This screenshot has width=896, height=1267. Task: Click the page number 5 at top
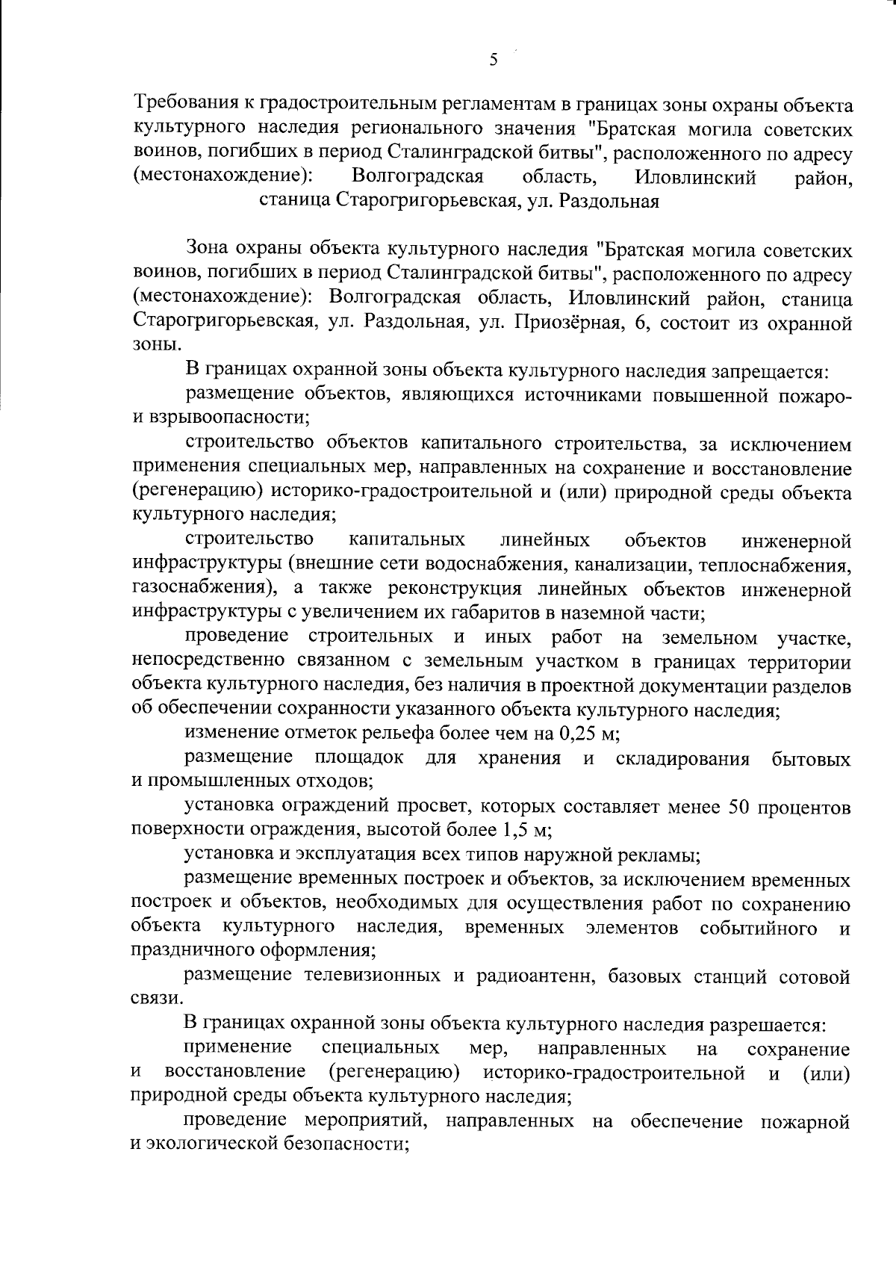click(x=493, y=61)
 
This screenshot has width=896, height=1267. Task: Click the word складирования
click(x=682, y=760)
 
